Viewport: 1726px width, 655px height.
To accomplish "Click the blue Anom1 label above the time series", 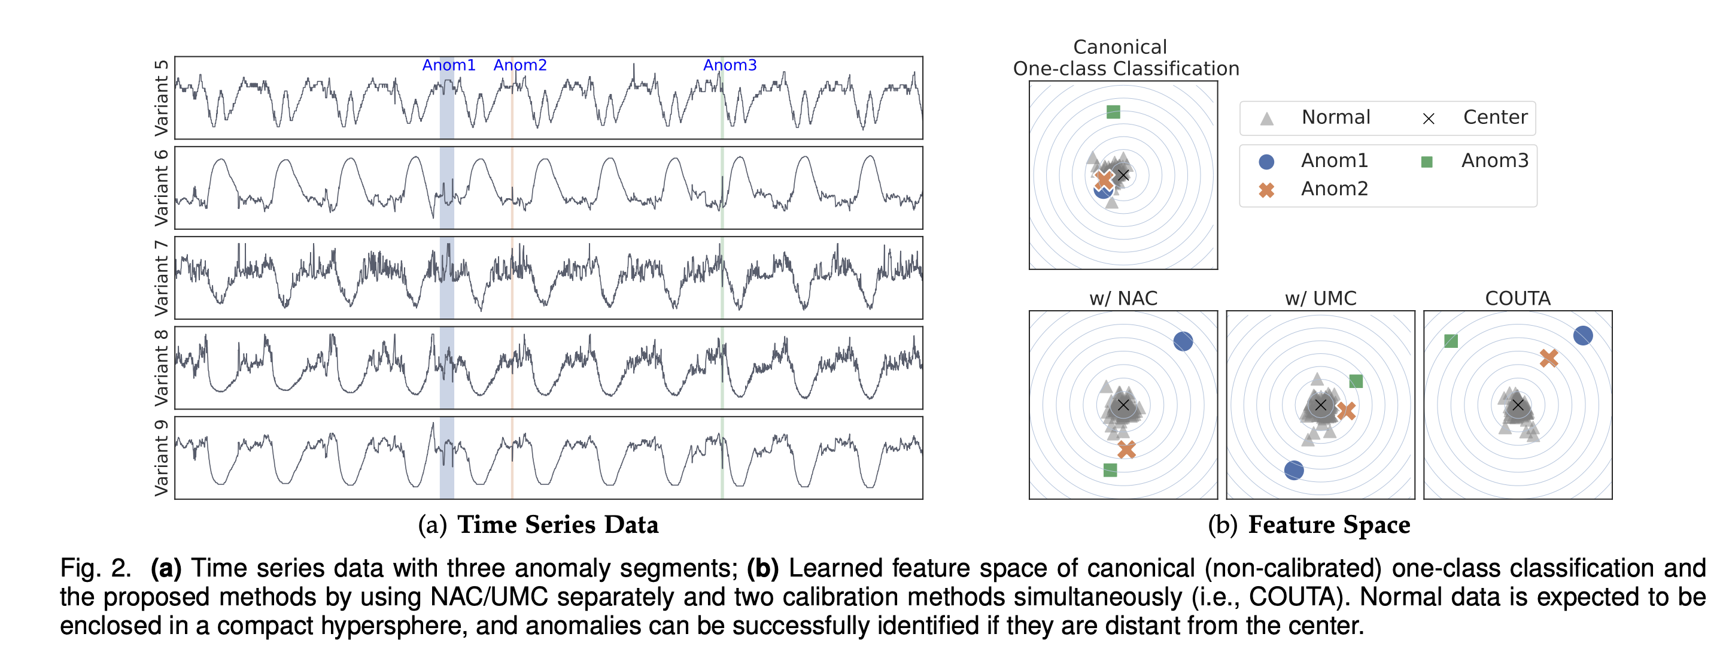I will [448, 65].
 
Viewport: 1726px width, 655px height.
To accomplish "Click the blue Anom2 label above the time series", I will [520, 65].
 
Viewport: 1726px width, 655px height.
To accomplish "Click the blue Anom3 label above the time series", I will [730, 65].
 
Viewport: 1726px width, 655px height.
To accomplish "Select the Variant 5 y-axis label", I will [162, 98].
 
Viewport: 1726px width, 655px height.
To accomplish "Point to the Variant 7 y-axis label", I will [162, 278].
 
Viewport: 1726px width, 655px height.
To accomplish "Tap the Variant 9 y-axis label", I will [162, 458].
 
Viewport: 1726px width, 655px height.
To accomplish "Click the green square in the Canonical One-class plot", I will [1113, 112].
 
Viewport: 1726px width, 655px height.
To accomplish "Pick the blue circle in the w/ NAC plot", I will [1183, 341].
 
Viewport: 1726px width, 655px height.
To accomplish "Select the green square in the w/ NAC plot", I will [1110, 470].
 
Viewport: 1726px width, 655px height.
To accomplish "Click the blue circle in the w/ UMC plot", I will [1294, 470].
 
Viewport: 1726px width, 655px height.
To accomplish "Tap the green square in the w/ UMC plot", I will [1356, 381].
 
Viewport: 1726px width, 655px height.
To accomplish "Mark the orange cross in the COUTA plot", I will [1548, 358].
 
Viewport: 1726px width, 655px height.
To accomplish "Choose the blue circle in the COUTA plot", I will [1582, 335].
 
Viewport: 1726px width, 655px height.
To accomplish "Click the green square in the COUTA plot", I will [1451, 341].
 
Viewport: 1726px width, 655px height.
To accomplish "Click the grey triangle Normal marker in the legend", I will [1266, 119].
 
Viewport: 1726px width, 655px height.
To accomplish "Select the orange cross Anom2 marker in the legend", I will [1266, 190].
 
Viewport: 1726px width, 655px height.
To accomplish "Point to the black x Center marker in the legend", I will [1429, 119].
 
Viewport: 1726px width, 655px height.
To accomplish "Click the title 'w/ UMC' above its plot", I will [1320, 298].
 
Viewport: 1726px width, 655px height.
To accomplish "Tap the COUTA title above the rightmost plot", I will [1518, 298].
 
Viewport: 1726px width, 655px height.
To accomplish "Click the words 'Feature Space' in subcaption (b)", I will [1329, 525].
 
